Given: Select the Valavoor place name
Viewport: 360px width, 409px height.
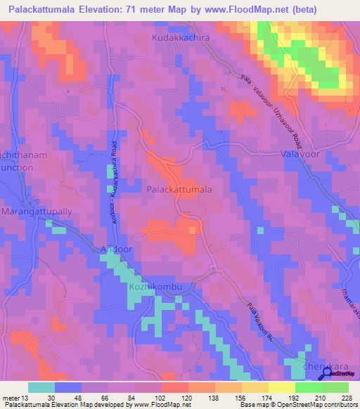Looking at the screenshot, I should pos(300,153).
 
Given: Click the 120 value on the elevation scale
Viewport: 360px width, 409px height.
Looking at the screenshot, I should pos(187,398).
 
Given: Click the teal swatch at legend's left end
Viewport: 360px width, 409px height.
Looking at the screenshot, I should pos(41,387).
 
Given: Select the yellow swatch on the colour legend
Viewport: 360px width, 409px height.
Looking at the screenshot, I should pos(282,387).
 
